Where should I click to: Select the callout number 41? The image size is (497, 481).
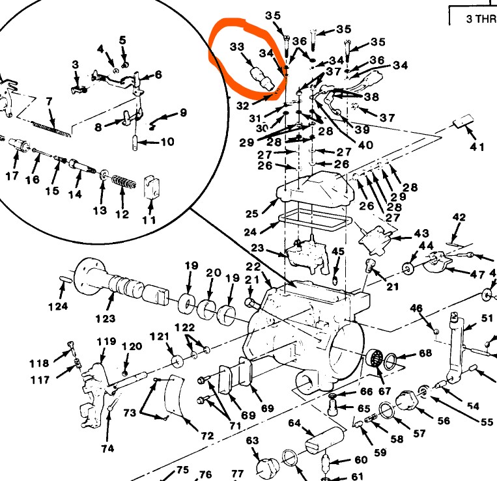(477, 147)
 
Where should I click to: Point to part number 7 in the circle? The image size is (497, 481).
(48, 101)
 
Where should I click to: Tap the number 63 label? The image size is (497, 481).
(253, 441)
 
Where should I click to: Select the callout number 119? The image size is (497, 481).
(107, 342)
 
